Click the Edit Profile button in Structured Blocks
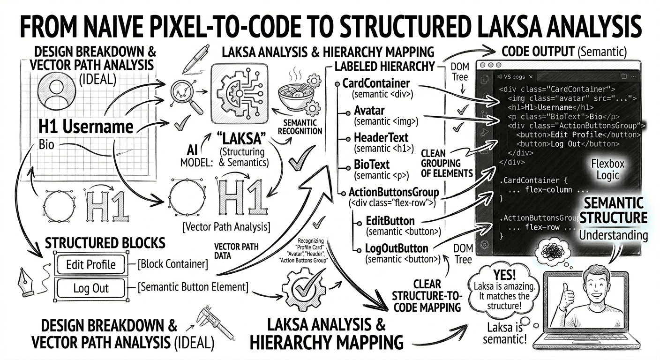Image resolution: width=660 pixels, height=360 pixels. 91,264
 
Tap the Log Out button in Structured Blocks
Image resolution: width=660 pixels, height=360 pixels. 91,288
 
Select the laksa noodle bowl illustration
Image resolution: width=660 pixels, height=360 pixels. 295,95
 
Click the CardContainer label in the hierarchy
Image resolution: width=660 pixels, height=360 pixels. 376,83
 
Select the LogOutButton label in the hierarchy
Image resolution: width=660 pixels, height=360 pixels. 396,248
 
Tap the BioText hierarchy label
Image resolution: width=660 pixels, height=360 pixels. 372,165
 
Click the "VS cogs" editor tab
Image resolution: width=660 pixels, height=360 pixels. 514,77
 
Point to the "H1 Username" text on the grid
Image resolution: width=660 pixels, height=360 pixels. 86,127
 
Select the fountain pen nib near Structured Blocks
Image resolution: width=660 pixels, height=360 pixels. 25,282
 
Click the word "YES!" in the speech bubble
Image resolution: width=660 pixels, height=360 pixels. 504,275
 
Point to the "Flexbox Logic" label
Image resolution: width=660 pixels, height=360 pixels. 607,169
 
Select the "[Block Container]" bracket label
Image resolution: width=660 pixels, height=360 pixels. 173,264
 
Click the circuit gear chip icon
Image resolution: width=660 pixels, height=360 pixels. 240,94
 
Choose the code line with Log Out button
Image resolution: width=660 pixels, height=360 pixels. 568,144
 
